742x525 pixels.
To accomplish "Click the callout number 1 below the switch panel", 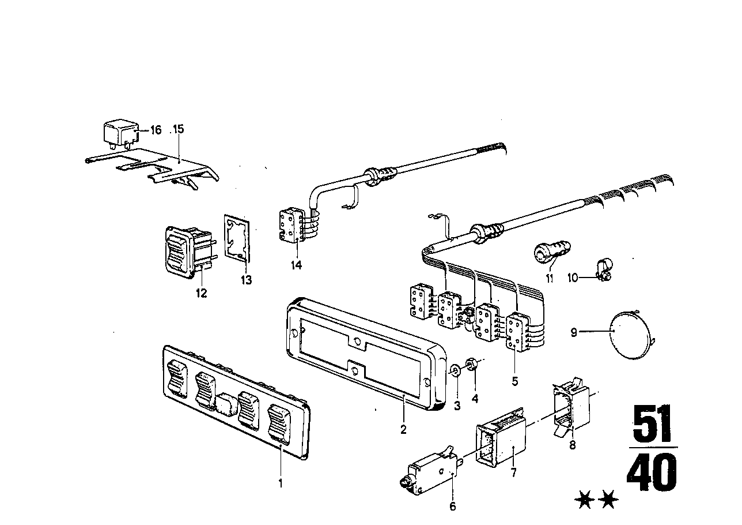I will click(281, 483).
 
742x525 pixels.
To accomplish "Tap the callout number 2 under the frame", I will click(403, 429).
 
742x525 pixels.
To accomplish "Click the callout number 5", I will click(514, 381).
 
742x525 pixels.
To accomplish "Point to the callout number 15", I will click(178, 129).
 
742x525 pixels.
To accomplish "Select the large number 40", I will click(652, 473).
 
